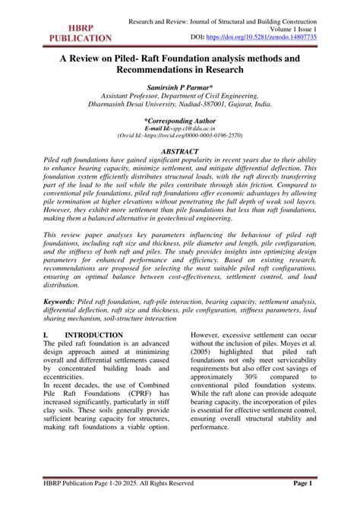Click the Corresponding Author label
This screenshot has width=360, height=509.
[180, 120]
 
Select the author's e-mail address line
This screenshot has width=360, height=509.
[180, 128]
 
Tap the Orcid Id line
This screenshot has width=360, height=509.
[180, 137]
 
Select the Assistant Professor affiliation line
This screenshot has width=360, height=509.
[180, 98]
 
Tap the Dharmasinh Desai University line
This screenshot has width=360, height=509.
[180, 108]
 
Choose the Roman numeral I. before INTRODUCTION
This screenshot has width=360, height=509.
[47, 355]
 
